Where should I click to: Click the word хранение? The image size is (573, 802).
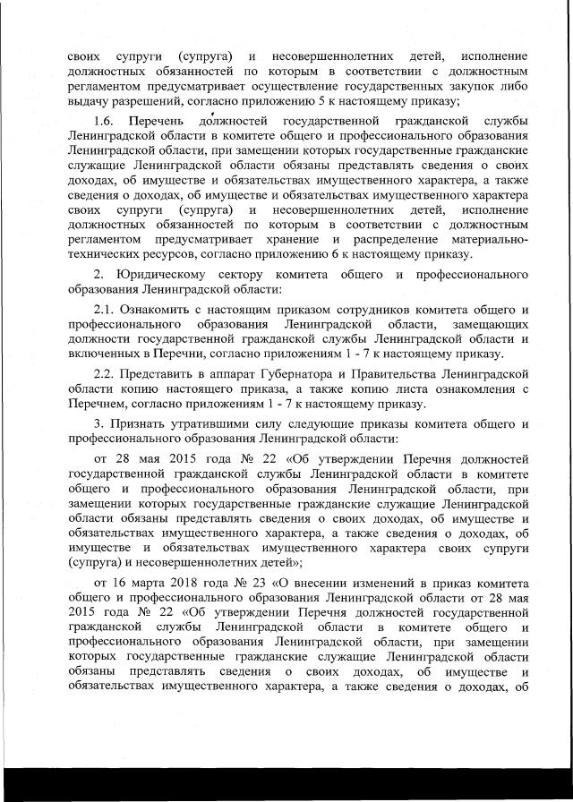[x=299, y=240]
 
